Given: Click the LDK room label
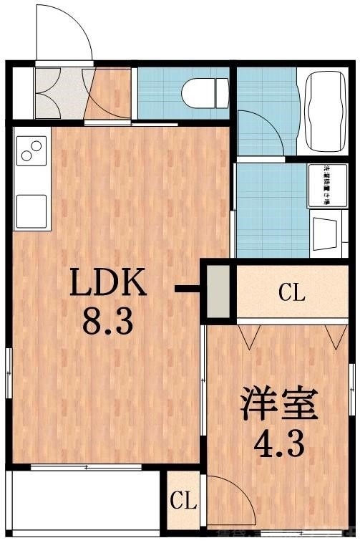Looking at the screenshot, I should click(x=107, y=284).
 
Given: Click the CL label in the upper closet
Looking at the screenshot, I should click(x=291, y=292).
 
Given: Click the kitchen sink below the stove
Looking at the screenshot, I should click(x=31, y=211).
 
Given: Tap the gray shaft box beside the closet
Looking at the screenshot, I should click(x=218, y=292).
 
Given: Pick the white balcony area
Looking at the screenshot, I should click(x=82, y=502).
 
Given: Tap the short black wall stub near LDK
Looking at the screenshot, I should click(x=189, y=289).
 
